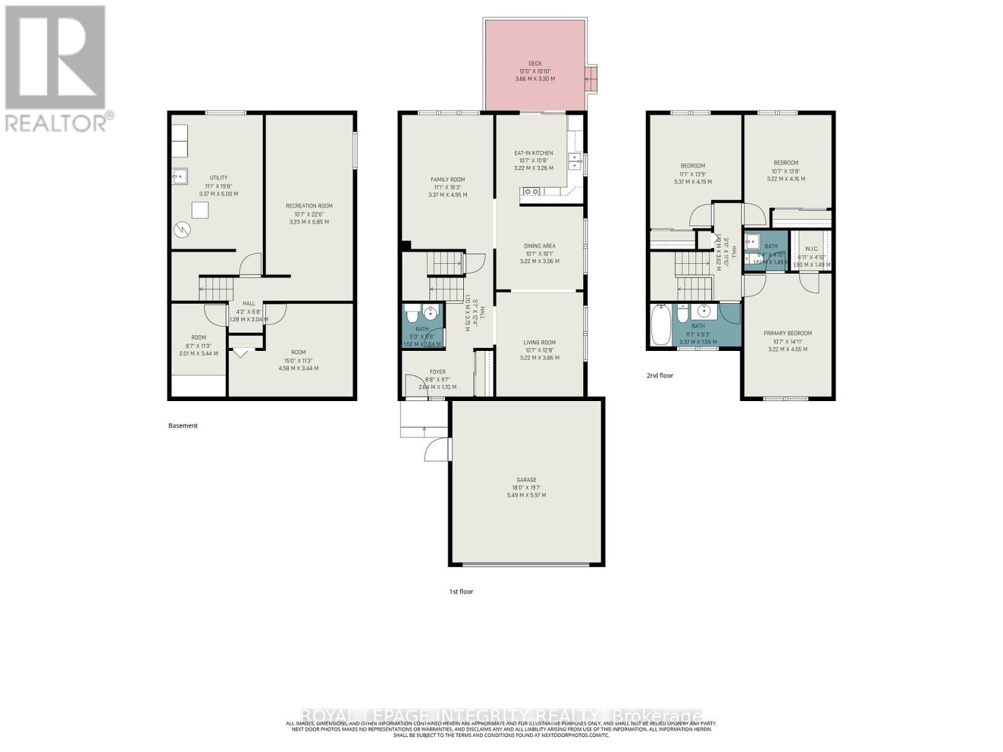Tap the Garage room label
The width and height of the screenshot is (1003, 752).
[526, 480]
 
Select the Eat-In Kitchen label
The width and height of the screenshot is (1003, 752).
[533, 153]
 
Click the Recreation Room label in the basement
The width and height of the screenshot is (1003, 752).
[309, 206]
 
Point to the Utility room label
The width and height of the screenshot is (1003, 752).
[219, 178]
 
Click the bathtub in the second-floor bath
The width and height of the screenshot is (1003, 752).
[661, 325]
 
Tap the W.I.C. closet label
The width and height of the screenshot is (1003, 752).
[812, 249]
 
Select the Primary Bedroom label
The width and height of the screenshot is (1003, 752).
[787, 333]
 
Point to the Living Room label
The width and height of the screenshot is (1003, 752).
[540, 343]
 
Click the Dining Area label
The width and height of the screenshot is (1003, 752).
[540, 246]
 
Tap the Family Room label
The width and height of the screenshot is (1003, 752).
[448, 180]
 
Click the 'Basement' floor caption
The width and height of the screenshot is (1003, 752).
[183, 426]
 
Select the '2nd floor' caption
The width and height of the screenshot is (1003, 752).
[660, 375]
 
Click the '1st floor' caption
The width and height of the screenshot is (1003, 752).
[461, 591]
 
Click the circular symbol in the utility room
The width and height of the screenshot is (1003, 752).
[182, 229]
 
